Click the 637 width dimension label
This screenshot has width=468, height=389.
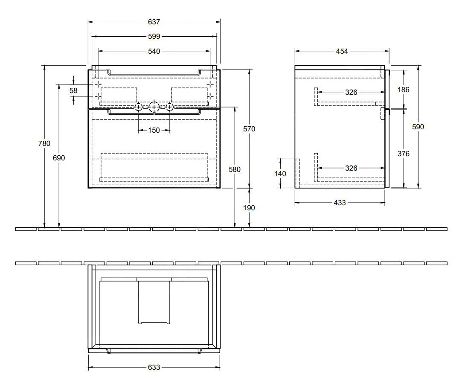click(154, 22)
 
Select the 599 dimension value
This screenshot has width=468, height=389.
click(154, 36)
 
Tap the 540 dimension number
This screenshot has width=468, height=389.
click(154, 51)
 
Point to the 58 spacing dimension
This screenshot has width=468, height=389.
click(73, 90)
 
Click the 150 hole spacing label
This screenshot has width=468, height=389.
click(154, 130)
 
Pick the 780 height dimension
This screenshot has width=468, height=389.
click(44, 143)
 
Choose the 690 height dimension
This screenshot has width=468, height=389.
click(59, 158)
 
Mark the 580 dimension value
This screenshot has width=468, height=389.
click(235, 169)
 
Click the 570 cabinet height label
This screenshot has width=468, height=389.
click(249, 129)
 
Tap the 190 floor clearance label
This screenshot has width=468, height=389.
click(249, 208)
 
